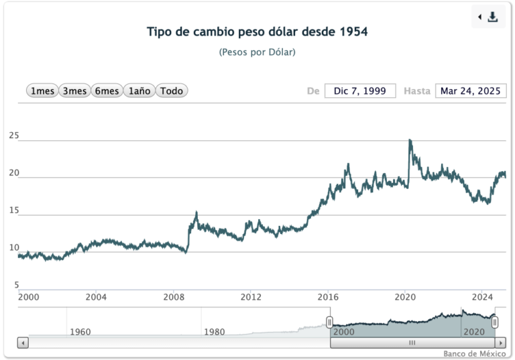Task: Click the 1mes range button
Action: (42, 91)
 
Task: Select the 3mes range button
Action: (74, 91)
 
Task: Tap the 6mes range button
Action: (107, 91)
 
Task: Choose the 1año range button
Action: (139, 91)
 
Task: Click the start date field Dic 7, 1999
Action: (360, 91)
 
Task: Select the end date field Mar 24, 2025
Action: (471, 91)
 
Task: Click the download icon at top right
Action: (493, 17)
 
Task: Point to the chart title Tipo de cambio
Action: (257, 32)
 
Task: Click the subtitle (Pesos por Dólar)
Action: (257, 52)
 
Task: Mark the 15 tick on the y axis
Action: (14, 211)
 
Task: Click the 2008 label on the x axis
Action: (174, 296)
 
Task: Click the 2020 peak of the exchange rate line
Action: (410, 140)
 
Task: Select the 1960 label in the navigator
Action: (80, 332)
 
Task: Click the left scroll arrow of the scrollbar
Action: (23, 343)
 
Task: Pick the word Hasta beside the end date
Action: (416, 91)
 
